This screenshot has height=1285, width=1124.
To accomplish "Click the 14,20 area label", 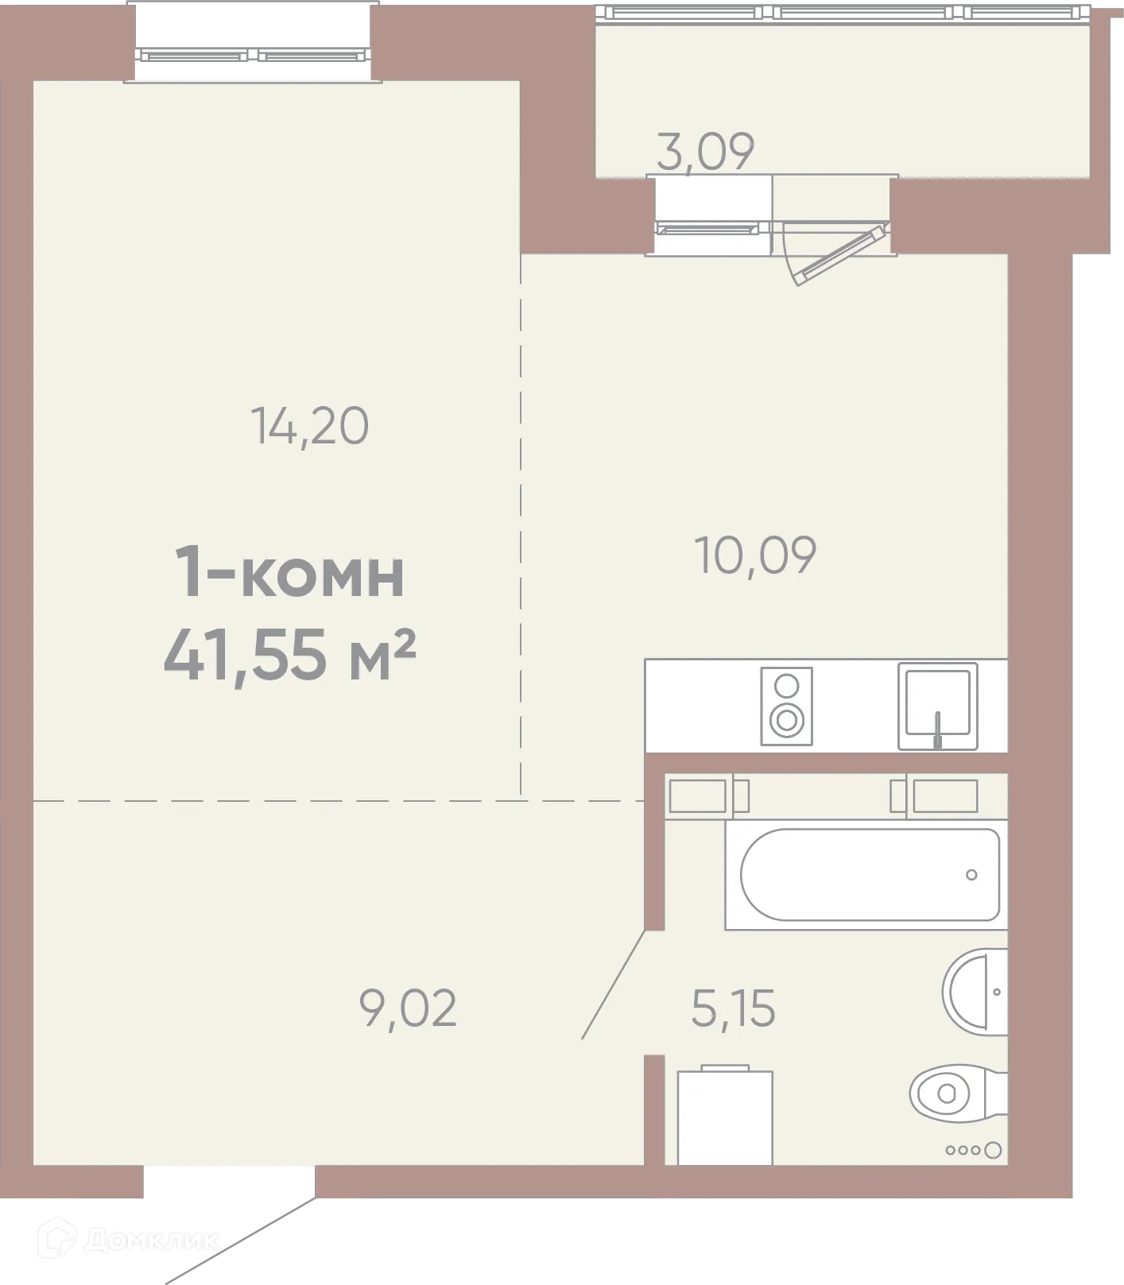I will click(x=309, y=426).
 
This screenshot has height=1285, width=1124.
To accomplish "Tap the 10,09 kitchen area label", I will click(x=755, y=555).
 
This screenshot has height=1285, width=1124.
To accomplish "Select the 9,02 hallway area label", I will click(x=408, y=1008).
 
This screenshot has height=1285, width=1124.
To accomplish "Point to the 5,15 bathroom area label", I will click(x=733, y=1008).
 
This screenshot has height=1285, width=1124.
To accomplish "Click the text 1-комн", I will click(x=289, y=574).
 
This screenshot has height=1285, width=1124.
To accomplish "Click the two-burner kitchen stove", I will click(x=786, y=706).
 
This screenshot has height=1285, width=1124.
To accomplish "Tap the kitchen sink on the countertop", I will click(x=938, y=706).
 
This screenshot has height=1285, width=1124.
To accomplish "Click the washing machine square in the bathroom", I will click(x=725, y=1117).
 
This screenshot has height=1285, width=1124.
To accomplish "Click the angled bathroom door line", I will click(x=614, y=985).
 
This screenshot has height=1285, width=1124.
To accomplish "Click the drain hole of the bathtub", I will click(x=971, y=875).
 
